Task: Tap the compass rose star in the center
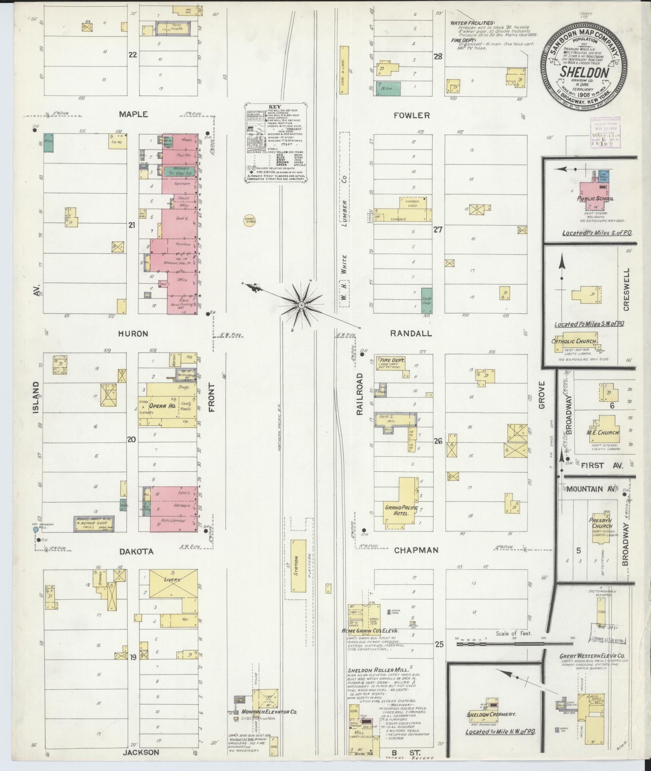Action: click(301, 305)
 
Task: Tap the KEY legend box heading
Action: click(276, 107)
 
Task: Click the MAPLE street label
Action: click(134, 114)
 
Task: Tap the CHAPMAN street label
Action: click(416, 550)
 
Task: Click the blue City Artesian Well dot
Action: click(36, 529)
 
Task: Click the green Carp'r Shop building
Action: click(427, 300)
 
